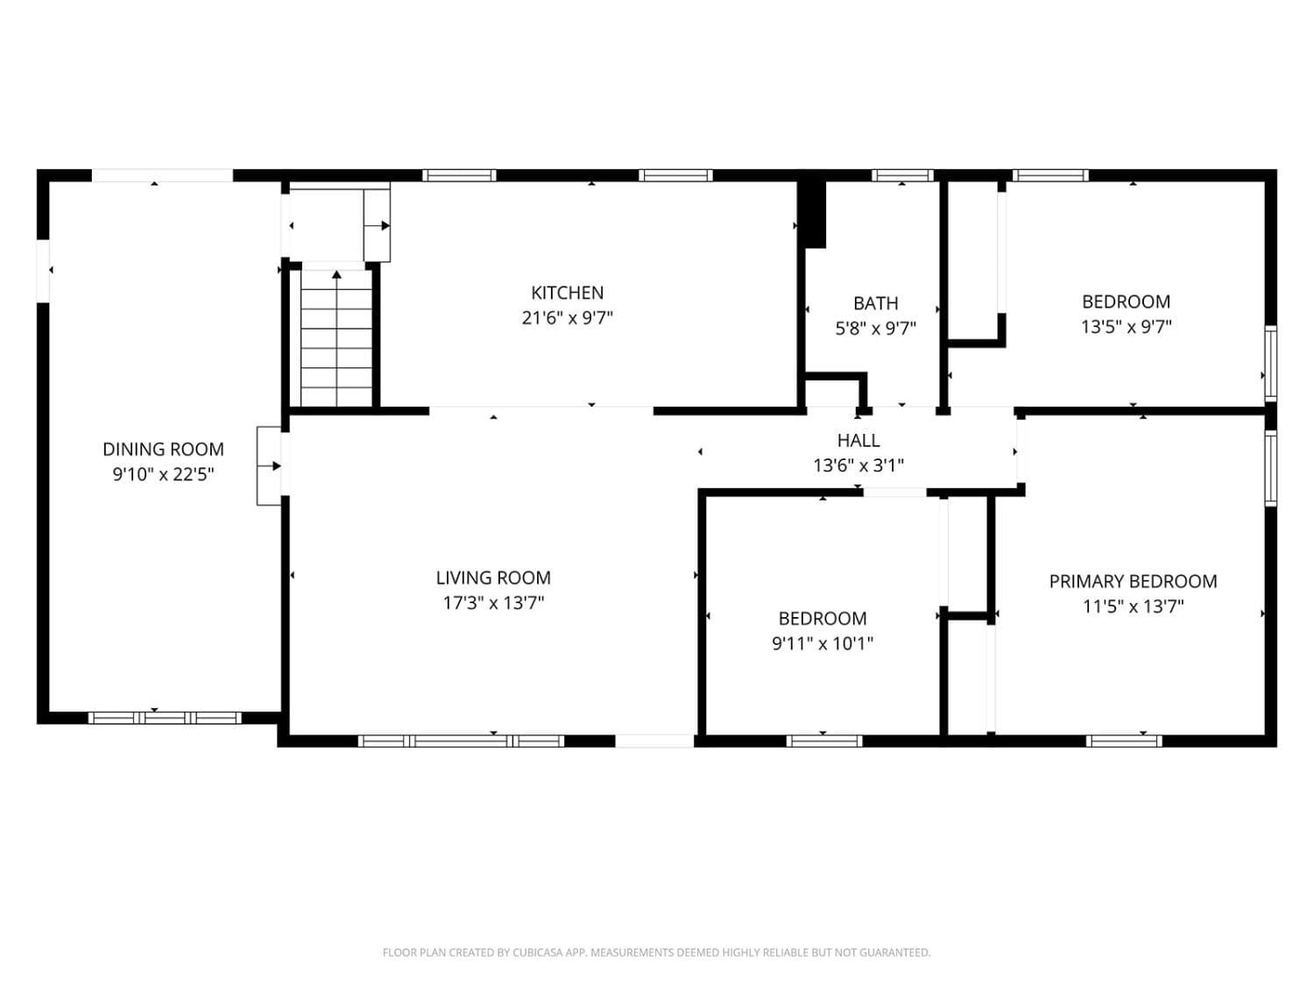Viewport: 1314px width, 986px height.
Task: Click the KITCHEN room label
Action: pyautogui.click(x=567, y=293)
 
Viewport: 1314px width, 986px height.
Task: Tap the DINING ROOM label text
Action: pyautogui.click(x=163, y=449)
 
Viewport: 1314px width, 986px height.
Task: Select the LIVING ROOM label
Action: pyautogui.click(x=492, y=578)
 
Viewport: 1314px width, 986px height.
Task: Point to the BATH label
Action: pyautogui.click(x=875, y=303)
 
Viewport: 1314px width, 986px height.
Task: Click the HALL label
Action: pyautogui.click(x=858, y=441)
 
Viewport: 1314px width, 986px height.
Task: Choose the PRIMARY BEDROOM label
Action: pyautogui.click(x=1133, y=581)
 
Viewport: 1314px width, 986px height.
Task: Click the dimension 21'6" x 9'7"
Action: pyautogui.click(x=567, y=318)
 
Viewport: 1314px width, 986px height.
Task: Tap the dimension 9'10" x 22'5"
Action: pyautogui.click(x=163, y=475)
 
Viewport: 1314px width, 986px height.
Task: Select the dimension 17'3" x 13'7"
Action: pyautogui.click(x=492, y=603)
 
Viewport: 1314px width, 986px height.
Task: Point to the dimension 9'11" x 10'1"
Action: pyautogui.click(x=822, y=643)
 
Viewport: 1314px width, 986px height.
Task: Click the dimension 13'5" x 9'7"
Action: pyautogui.click(x=1126, y=327)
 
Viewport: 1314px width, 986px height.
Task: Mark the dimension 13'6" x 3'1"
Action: pyautogui.click(x=858, y=465)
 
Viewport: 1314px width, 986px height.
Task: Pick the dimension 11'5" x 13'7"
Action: pyautogui.click(x=1133, y=606)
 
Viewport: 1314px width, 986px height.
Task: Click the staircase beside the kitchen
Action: pyautogui.click(x=336, y=338)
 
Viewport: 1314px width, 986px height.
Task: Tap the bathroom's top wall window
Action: pyautogui.click(x=901, y=175)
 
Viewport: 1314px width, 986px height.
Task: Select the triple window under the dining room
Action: pyautogui.click(x=165, y=718)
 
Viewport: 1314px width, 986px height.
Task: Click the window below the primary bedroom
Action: pyautogui.click(x=1124, y=741)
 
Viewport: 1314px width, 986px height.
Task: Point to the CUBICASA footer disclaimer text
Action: pyautogui.click(x=656, y=953)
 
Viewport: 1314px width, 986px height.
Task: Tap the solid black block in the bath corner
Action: pyautogui.click(x=814, y=215)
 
